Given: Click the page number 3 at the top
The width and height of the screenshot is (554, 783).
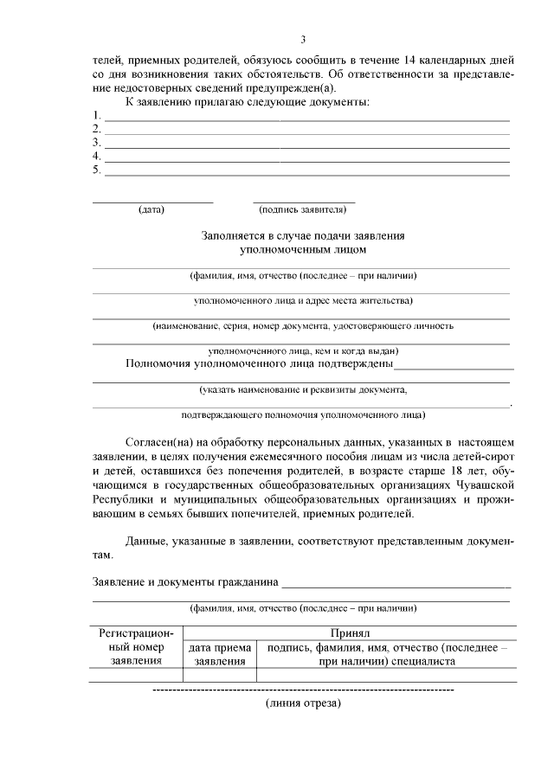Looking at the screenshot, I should click(x=303, y=40).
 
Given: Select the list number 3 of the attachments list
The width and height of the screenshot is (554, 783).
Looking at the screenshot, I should click(x=97, y=142).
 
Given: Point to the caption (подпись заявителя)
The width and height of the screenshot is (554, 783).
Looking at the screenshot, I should click(x=303, y=209).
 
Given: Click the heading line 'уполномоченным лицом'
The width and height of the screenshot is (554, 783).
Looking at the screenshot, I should click(x=303, y=249).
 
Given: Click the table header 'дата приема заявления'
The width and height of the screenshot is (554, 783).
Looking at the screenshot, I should click(x=219, y=654).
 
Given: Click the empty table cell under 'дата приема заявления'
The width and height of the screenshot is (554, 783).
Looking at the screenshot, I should click(x=219, y=675).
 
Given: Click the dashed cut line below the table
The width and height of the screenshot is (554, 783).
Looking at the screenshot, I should click(x=303, y=690).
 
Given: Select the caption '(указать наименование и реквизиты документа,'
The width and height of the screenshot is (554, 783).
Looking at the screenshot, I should click(x=303, y=390).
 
